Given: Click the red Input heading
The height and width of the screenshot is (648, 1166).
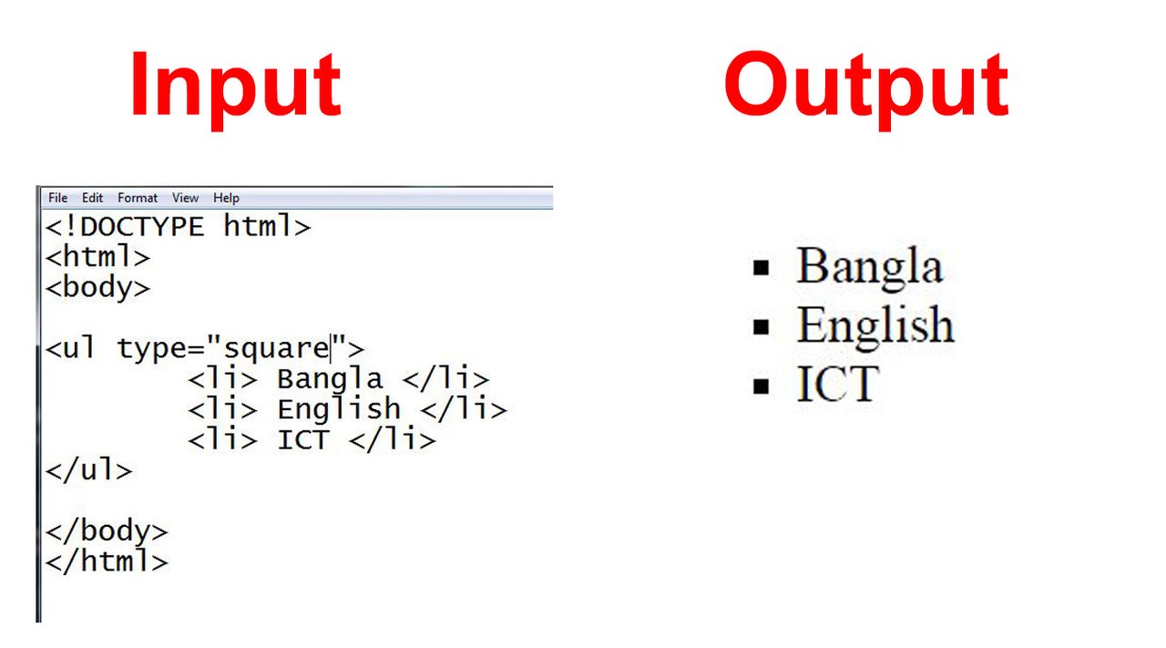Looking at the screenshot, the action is coord(236,88).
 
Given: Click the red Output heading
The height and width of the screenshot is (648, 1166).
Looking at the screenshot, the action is coord(866,88).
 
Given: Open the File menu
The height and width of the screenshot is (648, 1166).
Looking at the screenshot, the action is coord(57,198).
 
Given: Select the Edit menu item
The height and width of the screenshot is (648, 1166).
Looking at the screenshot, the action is coord(92,198).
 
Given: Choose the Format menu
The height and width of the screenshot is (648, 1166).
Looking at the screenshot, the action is coord(138,198).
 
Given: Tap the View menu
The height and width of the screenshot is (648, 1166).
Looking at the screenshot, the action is coord(185,198).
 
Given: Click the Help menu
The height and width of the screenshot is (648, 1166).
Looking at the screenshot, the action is coord(226,198).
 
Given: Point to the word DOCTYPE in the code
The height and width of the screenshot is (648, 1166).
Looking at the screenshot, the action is coord(142,227).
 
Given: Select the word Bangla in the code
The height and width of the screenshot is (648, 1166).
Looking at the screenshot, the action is coord(330,380).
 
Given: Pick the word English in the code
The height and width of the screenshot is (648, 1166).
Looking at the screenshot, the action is coord(339,409).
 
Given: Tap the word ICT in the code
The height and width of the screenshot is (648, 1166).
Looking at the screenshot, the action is coord(303,440).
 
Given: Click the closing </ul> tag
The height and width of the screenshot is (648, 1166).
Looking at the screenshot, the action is coord(89,470).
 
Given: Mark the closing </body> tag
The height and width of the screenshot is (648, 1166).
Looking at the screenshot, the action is coord(107,531).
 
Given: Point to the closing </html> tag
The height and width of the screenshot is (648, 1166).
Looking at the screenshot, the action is coord(107,561).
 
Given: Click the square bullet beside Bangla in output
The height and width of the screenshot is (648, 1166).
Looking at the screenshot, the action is coord(761,268).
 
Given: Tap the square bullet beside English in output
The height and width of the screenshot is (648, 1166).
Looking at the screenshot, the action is coord(761,327).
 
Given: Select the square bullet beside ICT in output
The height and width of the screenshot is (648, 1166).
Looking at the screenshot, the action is coord(761,386).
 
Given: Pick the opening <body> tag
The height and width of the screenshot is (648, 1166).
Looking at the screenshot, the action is coord(97,288).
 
